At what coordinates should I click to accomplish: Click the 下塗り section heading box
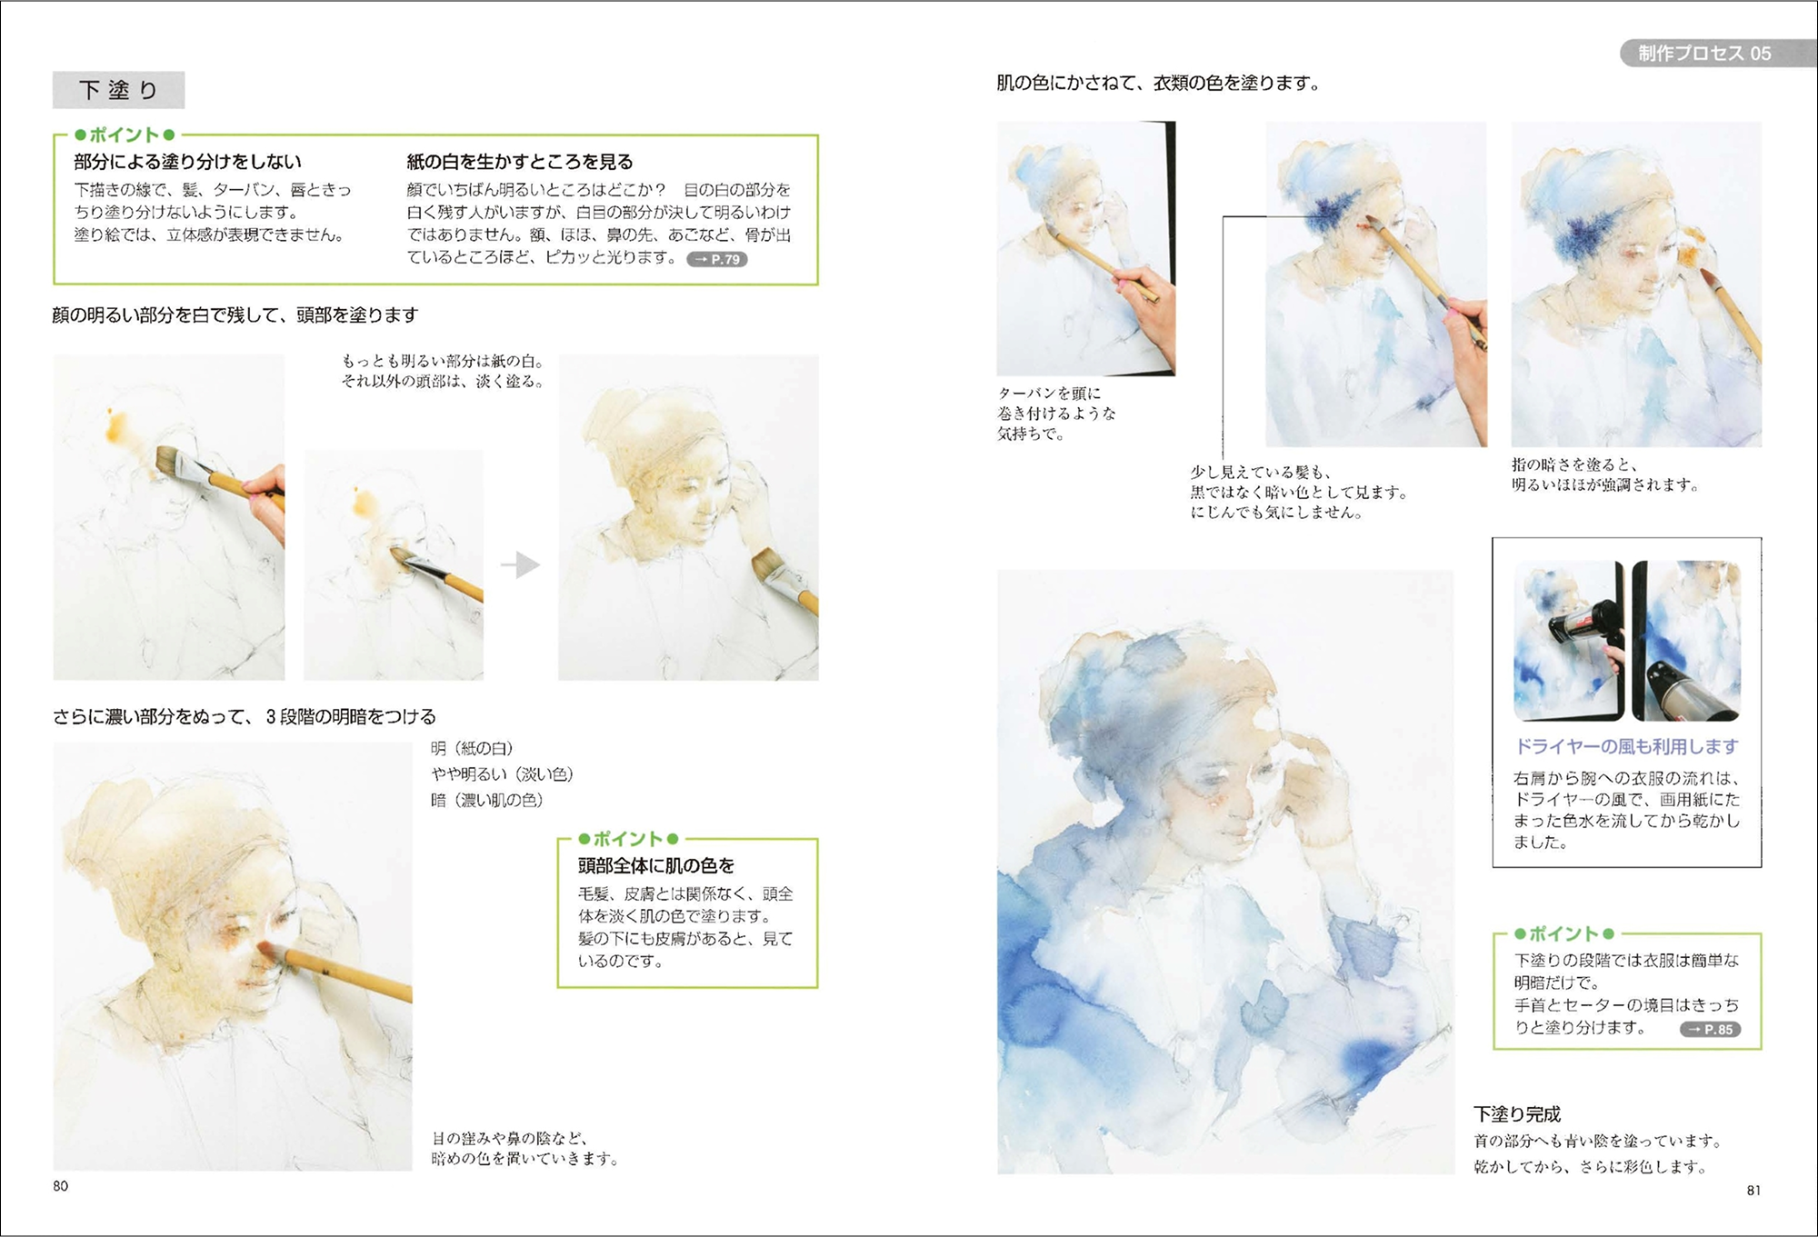pyautogui.click(x=118, y=90)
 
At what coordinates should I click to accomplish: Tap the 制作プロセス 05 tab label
pyautogui.click(x=1704, y=54)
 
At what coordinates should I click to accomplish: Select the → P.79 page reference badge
pyautogui.click(x=717, y=259)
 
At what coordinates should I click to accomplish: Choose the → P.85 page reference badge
pyautogui.click(x=1711, y=1029)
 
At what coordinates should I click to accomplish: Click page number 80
pyautogui.click(x=61, y=1185)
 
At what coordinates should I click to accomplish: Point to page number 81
pyautogui.click(x=1753, y=1190)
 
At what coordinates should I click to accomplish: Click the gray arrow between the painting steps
pyautogui.click(x=521, y=564)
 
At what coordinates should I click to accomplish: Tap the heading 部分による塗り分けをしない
pyautogui.click(x=187, y=162)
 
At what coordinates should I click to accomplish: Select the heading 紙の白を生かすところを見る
pyautogui.click(x=520, y=162)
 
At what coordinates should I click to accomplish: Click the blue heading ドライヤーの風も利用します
pyautogui.click(x=1626, y=746)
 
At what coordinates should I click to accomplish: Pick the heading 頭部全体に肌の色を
pyautogui.click(x=656, y=865)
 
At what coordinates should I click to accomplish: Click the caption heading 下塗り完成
pyautogui.click(x=1517, y=1114)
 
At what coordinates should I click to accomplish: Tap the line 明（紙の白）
pyautogui.click(x=472, y=748)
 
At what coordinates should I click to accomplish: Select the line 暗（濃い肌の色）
pyautogui.click(x=487, y=800)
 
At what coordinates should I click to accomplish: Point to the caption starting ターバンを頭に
pyautogui.click(x=1056, y=414)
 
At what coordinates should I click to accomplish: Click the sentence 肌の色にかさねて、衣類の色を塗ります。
pyautogui.click(x=1159, y=83)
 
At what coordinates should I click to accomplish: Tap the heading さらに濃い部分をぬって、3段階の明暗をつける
pyautogui.click(x=245, y=716)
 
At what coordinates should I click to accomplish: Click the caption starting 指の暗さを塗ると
pyautogui.click(x=1605, y=474)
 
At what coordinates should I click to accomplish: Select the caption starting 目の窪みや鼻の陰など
pyautogui.click(x=524, y=1148)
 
